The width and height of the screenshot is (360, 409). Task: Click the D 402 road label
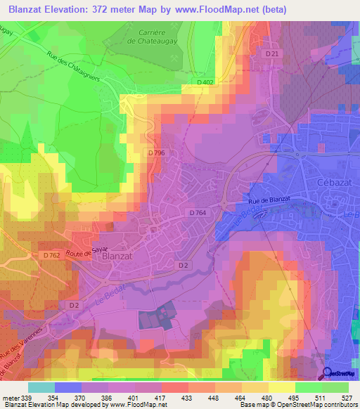[206, 84]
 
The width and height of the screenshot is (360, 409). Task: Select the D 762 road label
[51, 255]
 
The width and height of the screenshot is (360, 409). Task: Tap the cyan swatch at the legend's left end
[41, 387]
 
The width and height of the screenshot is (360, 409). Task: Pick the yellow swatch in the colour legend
[282, 387]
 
